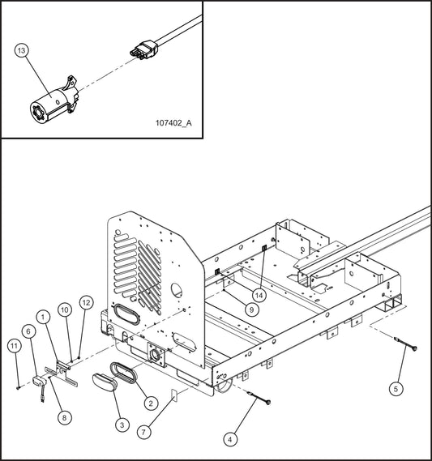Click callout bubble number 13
pos(22,51)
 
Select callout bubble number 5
pos(396,389)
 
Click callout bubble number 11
pos(14,346)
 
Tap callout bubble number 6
pos(28,331)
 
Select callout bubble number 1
pos(42,314)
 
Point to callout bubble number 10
pos(64,309)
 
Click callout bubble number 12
pos(87,302)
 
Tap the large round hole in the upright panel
pos(178,291)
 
